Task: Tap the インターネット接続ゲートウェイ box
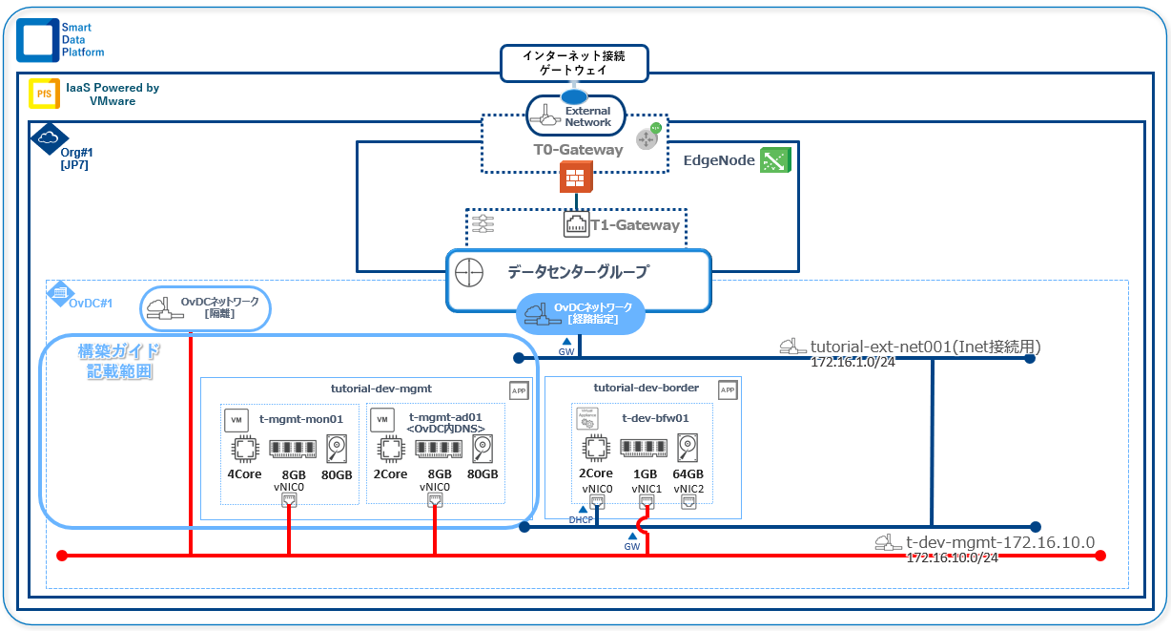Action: tap(574, 63)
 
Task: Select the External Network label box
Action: tap(576, 116)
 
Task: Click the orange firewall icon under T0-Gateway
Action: tap(576, 177)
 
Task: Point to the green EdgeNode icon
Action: tap(775, 160)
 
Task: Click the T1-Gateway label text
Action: tap(633, 225)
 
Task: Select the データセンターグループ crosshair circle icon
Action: tap(468, 271)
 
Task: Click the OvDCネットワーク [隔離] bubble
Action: tap(206, 308)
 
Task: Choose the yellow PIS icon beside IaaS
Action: tap(42, 93)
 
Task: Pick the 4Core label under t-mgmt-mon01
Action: tap(245, 474)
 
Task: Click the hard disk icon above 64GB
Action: tap(689, 448)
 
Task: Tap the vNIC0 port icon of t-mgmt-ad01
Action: tap(435, 500)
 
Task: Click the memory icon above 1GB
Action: tap(645, 448)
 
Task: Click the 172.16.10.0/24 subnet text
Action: tap(952, 557)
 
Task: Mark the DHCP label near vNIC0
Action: tap(581, 520)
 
